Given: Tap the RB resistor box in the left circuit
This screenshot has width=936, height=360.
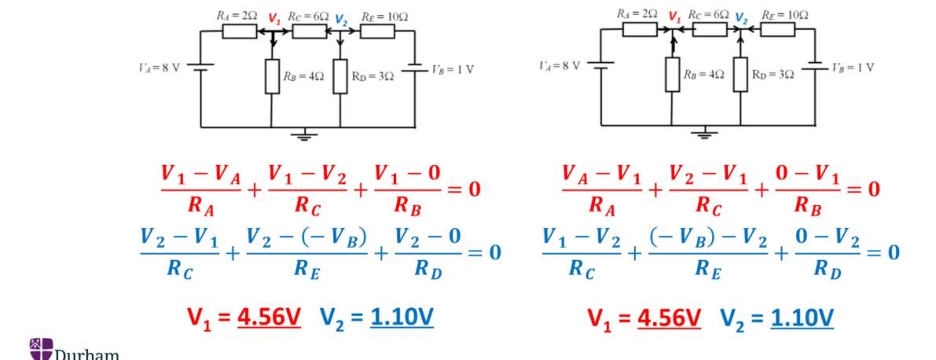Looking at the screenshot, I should pos(272,76).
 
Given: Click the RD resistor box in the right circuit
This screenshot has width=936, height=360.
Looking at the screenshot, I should pos(740,74).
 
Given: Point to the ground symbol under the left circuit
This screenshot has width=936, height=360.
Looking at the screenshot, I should pos(305,134).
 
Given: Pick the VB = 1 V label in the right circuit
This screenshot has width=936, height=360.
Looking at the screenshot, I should pos(853,67).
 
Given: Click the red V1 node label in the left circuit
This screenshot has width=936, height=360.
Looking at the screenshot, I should pos(273,18).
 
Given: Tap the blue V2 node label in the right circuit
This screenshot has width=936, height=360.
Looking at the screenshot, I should pos(740,19).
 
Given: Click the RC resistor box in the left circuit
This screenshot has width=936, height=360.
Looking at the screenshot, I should pos(309,31).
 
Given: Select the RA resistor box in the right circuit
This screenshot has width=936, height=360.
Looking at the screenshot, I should pos(640,29).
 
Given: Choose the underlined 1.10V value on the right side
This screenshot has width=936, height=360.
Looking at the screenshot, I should pos(802,318).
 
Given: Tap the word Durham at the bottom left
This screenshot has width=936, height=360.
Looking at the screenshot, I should pos(86,354).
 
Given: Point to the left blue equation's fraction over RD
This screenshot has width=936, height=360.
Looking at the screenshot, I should pos(428,252).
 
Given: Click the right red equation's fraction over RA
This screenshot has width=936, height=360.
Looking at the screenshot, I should pos(602,189).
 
